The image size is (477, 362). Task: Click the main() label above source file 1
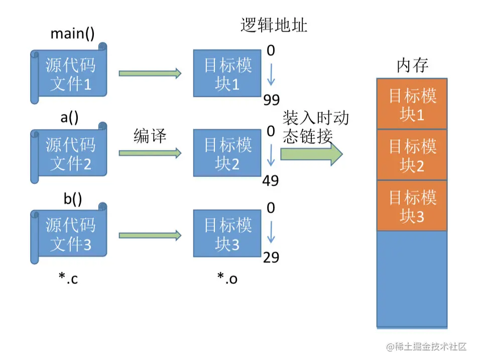click(72, 34)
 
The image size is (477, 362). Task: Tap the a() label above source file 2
click(69, 117)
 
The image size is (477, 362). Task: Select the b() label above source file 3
click(72, 199)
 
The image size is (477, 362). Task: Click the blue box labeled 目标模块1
click(227, 74)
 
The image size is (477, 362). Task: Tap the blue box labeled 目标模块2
click(227, 153)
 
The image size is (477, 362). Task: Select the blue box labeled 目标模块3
click(227, 234)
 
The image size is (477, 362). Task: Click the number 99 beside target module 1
click(271, 101)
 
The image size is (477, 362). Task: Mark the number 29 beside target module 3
click(271, 258)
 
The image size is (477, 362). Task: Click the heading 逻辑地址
click(274, 26)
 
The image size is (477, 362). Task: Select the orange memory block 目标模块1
click(412, 104)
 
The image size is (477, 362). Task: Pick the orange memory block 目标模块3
click(412, 206)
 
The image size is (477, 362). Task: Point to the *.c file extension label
click(68, 278)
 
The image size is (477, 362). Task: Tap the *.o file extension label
click(227, 278)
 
